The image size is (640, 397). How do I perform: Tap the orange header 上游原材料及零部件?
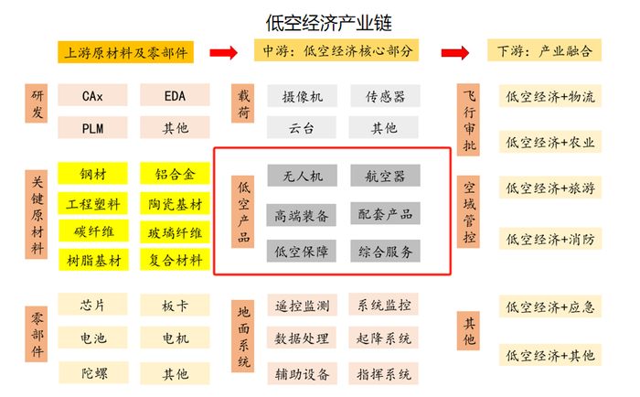click(126, 52)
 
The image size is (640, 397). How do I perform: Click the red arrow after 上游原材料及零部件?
click(224, 51)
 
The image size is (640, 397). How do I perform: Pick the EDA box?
click(174, 95)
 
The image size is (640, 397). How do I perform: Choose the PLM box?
click(91, 128)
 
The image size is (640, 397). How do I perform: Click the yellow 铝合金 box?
click(174, 174)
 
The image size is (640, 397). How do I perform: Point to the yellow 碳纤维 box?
click(91, 231)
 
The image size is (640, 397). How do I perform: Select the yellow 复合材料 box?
click(174, 261)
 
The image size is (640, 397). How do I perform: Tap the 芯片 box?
click(91, 305)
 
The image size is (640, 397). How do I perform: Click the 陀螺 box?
click(91, 373)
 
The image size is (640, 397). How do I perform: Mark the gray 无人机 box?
click(302, 175)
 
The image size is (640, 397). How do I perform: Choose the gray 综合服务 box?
click(385, 251)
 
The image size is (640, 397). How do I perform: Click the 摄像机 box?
click(302, 95)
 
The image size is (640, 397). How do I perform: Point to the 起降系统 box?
click(385, 339)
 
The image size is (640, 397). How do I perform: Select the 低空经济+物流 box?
click(549, 95)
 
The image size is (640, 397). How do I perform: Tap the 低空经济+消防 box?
click(549, 240)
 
